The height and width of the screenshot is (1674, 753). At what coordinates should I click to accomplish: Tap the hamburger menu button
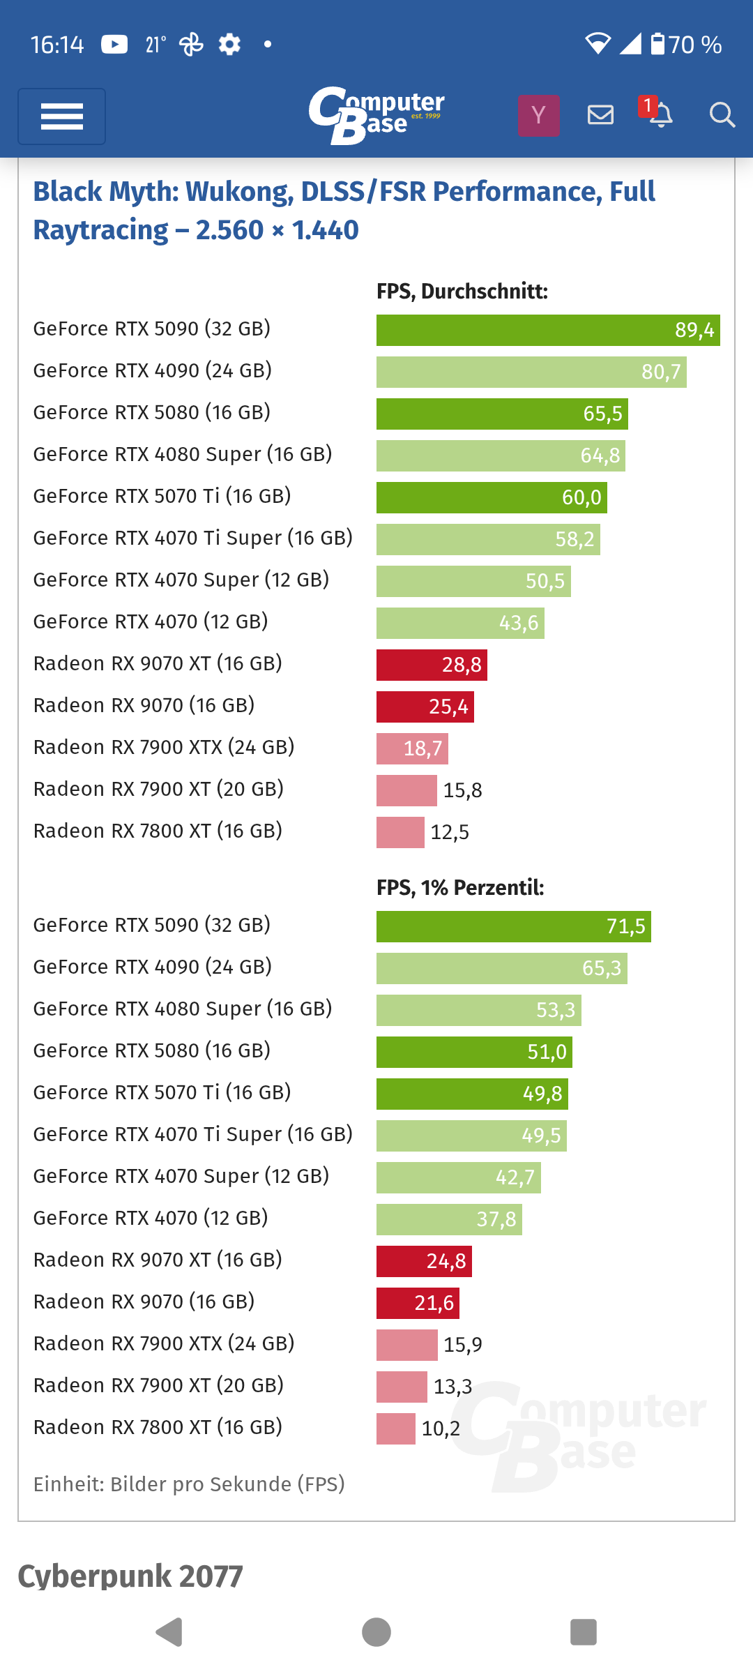click(61, 116)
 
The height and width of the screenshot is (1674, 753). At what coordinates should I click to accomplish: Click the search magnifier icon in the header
click(722, 115)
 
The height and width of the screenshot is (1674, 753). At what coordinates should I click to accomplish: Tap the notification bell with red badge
click(659, 114)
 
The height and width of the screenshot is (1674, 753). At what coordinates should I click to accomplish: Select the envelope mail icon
click(600, 115)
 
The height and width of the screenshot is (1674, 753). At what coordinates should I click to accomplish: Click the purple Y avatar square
click(538, 115)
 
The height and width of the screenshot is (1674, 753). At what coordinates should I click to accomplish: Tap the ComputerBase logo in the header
click(376, 115)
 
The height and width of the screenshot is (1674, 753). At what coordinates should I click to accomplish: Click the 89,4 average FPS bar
click(548, 330)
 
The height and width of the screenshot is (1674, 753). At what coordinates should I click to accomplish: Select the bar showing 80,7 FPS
click(531, 372)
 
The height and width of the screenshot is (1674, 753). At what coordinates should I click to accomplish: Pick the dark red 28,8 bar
click(432, 665)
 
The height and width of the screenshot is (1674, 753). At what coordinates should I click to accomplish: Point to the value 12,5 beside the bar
click(450, 832)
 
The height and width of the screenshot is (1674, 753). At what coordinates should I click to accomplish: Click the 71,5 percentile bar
click(513, 926)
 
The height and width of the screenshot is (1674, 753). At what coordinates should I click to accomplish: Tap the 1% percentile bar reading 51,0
click(474, 1052)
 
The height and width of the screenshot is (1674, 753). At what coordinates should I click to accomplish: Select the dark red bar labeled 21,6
click(418, 1303)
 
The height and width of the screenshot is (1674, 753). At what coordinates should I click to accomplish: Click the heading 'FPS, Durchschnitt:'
click(462, 292)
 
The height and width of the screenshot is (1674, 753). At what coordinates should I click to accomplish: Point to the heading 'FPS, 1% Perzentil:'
click(460, 888)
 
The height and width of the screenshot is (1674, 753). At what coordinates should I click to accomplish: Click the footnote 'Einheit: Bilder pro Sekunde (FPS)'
click(189, 1484)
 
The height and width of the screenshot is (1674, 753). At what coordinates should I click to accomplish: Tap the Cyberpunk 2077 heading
click(130, 1576)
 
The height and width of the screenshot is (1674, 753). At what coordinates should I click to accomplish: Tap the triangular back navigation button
click(169, 1632)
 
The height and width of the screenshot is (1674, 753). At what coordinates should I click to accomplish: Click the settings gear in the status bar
click(229, 45)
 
